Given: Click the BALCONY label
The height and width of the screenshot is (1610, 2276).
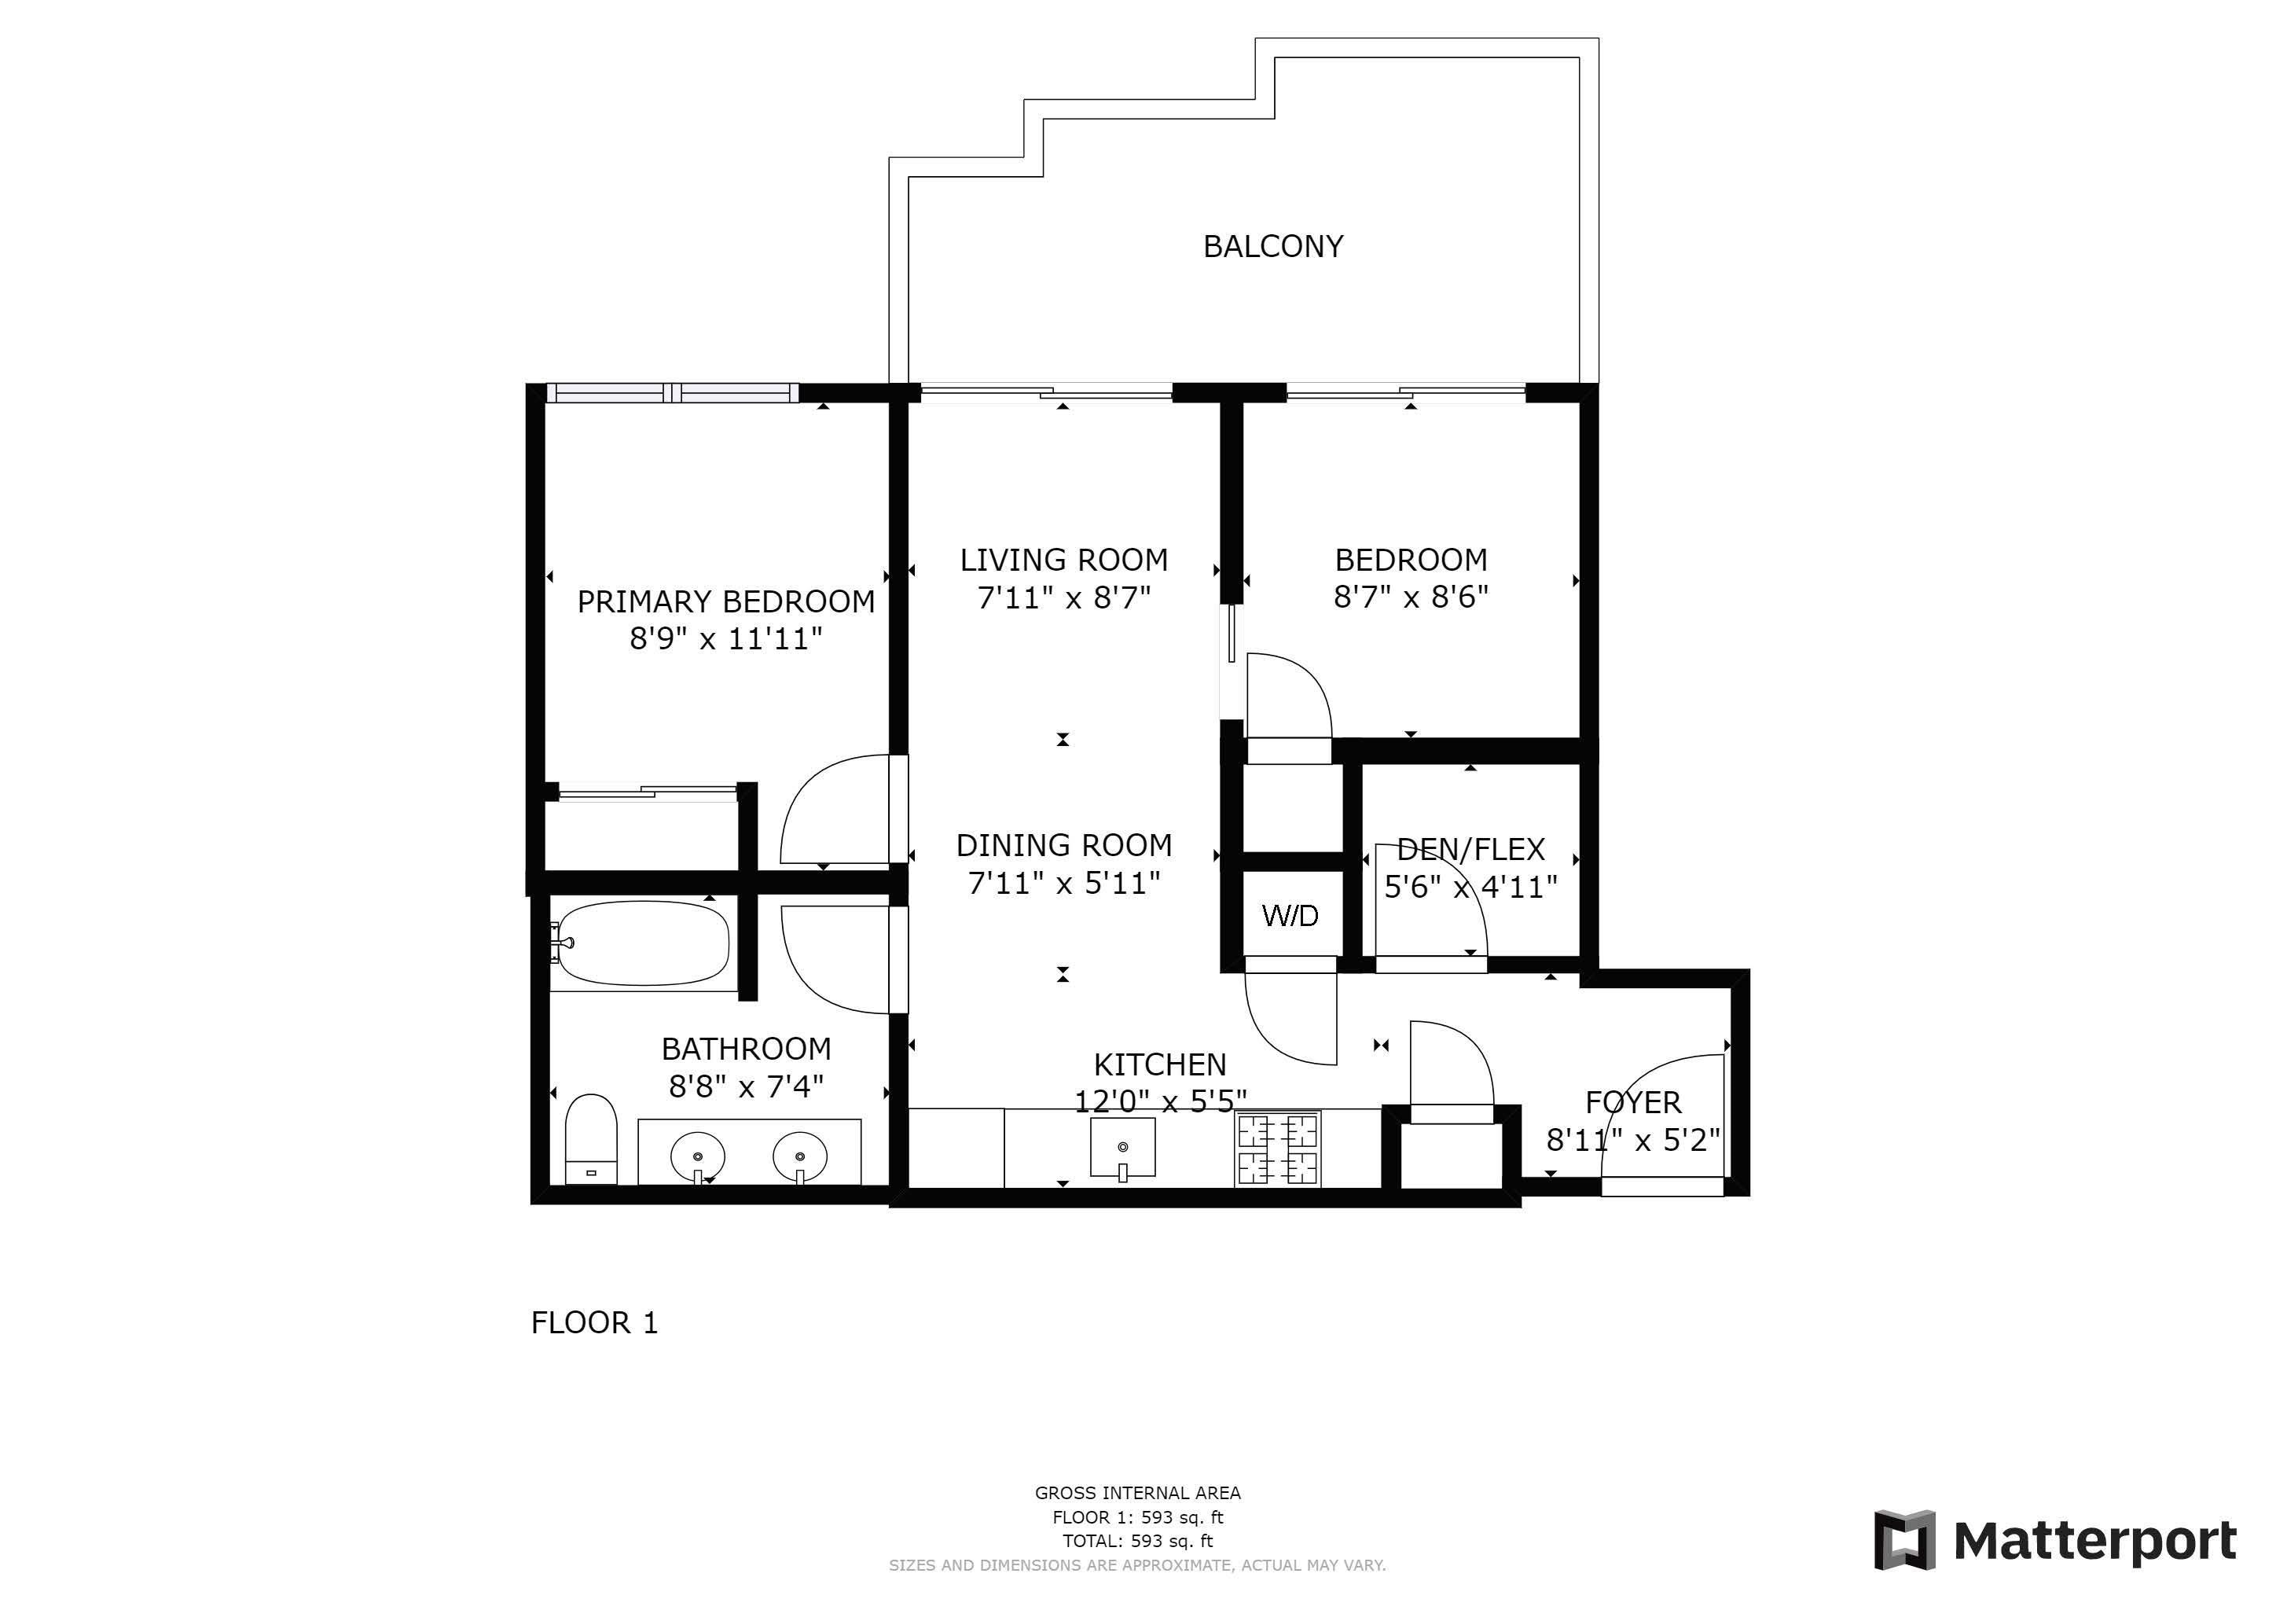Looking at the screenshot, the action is (x=1273, y=246).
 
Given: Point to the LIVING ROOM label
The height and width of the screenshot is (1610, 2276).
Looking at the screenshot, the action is (x=1063, y=561).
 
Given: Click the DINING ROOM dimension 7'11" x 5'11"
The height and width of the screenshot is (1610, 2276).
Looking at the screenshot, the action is (x=1063, y=882).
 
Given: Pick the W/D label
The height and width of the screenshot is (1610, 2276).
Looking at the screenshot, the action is (x=1290, y=915).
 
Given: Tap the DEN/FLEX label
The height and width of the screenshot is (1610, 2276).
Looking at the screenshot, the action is (x=1471, y=850).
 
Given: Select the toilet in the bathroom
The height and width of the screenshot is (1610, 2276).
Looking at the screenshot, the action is (x=591, y=1139).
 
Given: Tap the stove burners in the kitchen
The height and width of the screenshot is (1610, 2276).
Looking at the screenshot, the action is (x=1278, y=1149).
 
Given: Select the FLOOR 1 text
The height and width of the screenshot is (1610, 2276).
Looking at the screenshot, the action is (x=595, y=1322).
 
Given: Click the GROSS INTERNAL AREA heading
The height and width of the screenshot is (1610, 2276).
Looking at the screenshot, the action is (x=1138, y=1493).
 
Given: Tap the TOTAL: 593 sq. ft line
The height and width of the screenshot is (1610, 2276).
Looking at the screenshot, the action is (x=1138, y=1542).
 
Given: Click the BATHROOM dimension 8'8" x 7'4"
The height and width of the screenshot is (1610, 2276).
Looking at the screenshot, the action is (x=746, y=1086).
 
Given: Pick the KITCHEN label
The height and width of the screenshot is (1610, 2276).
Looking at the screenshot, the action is (x=1160, y=1064).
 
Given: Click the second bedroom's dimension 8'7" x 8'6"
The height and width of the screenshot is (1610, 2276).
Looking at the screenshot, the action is (x=1411, y=597).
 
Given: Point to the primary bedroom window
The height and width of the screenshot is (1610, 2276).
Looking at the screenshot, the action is (x=672, y=392).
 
